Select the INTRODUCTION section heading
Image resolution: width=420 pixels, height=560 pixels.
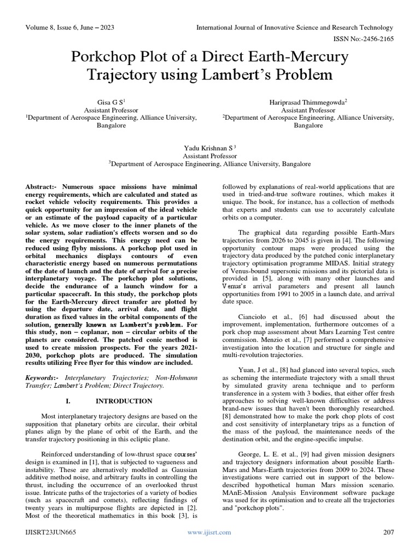click(x=118, y=401)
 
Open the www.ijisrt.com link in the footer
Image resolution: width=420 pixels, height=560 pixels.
click(x=209, y=532)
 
